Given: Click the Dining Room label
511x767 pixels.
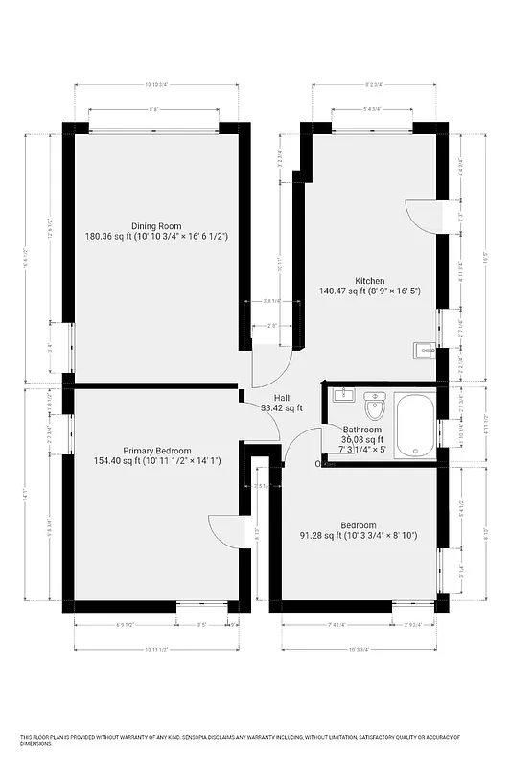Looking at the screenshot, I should (156, 226).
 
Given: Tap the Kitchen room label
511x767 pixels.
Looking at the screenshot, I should (370, 282).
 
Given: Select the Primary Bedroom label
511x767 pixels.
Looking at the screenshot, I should (157, 451).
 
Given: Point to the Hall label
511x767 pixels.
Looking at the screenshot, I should (282, 398).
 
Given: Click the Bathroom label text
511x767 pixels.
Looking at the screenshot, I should (362, 430).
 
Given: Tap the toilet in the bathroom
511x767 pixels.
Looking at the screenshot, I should (374, 409).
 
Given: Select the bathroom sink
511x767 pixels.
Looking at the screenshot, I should (343, 394).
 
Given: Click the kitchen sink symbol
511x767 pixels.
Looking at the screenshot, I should (425, 350).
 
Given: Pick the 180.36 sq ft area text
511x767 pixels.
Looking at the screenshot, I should (107, 236).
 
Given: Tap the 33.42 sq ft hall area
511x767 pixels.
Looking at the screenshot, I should (282, 407).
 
